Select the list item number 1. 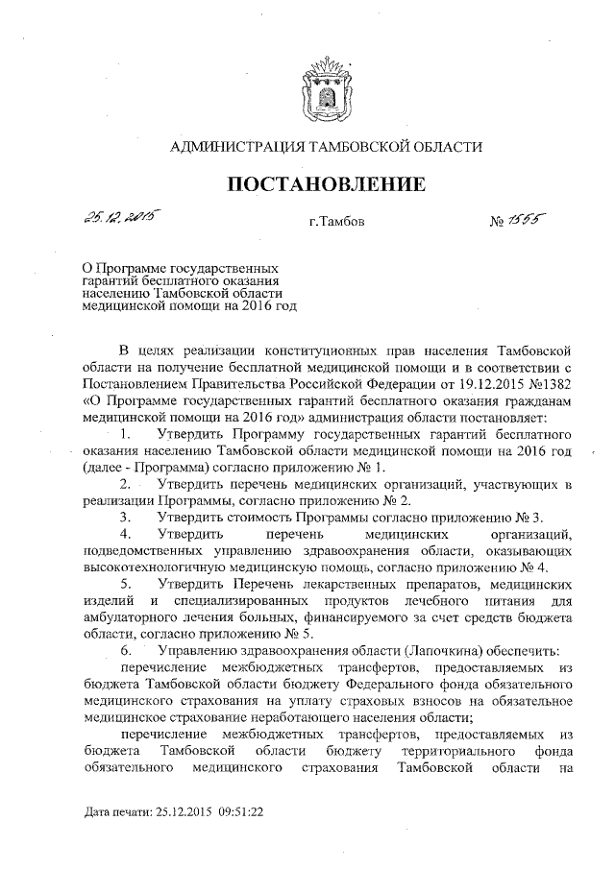[x=125, y=435]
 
